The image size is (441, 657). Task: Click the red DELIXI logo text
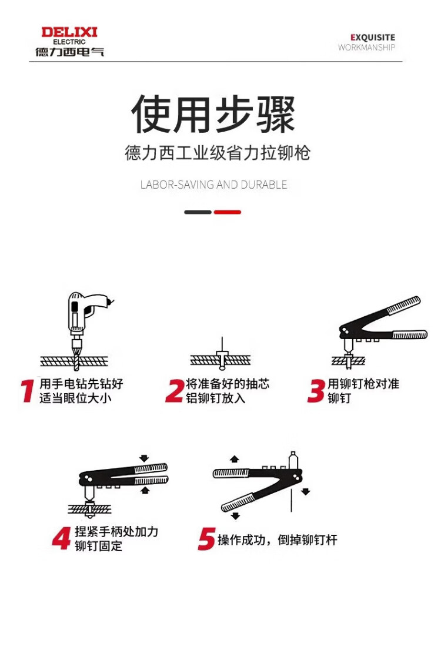[69, 32]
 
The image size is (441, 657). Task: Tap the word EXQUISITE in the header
[373, 37]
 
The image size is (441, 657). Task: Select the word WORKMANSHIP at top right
[366, 48]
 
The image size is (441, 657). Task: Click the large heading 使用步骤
[213, 113]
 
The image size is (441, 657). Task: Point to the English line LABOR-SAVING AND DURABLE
[214, 185]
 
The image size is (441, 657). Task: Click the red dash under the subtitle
[227, 212]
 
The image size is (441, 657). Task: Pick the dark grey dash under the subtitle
[198, 212]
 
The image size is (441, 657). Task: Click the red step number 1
[28, 391]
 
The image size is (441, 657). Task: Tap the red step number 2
[175, 391]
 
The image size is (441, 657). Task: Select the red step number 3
[316, 391]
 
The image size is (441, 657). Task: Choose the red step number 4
[62, 538]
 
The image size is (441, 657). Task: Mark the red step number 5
[206, 539]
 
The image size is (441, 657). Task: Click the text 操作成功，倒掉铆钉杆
[278, 539]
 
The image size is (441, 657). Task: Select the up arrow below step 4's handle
[145, 490]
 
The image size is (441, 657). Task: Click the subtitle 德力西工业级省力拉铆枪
[218, 153]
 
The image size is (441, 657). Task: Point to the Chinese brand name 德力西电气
[69, 52]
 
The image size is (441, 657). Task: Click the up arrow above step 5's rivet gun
[235, 459]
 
